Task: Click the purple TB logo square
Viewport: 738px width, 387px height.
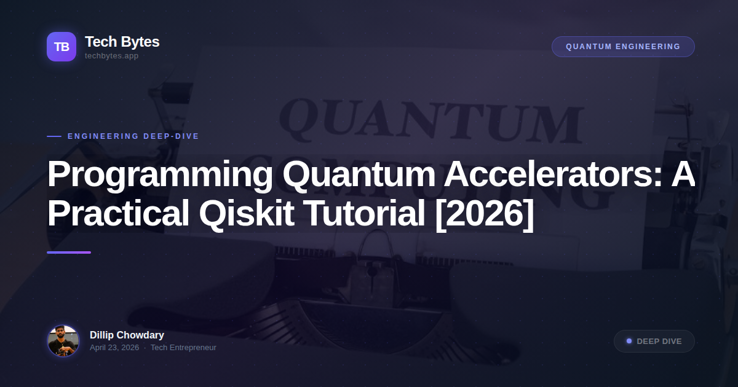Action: point(61,47)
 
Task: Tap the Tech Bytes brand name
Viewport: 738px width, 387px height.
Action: point(122,42)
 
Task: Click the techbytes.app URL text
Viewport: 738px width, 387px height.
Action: point(111,56)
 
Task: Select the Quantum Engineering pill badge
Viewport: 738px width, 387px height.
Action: point(623,47)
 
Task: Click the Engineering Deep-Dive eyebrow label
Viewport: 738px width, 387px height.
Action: point(133,136)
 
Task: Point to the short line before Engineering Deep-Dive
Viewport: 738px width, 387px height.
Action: point(54,136)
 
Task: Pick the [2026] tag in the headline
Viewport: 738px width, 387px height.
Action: point(484,213)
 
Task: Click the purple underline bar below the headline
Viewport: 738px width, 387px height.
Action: point(69,252)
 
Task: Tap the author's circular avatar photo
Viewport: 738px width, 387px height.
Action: point(63,341)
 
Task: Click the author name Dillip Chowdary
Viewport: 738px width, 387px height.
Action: point(127,335)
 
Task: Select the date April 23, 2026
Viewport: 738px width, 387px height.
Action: point(114,348)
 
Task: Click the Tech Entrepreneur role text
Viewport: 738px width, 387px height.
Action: point(183,348)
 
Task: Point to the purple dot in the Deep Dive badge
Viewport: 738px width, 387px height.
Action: point(629,341)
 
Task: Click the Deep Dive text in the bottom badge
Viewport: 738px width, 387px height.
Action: point(659,342)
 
